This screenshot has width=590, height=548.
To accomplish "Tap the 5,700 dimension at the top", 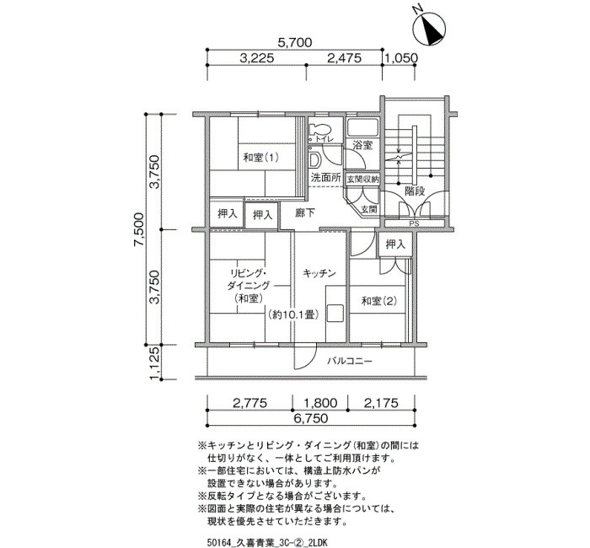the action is (295, 42).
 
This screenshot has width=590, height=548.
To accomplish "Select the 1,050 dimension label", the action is (400, 58).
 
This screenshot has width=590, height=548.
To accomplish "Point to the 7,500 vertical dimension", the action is (138, 229).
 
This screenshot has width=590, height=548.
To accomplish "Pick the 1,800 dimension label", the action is (320, 403).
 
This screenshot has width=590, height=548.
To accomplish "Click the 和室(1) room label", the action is (261, 158).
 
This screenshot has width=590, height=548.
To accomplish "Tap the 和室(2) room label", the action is (379, 301).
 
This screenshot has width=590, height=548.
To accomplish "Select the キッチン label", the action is (319, 273).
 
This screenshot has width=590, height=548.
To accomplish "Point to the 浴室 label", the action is (363, 145).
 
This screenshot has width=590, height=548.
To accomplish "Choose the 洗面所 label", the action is (326, 177).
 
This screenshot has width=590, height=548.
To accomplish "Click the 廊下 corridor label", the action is (305, 213).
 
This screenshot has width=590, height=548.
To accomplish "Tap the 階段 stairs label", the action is (415, 191).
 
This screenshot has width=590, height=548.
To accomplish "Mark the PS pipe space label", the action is (415, 223).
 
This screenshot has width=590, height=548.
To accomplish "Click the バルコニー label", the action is (350, 362).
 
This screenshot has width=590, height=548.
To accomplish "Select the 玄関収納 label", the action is (362, 179).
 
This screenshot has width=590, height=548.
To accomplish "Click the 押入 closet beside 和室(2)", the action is (395, 244).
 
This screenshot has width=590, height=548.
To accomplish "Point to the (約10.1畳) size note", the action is (294, 314).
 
